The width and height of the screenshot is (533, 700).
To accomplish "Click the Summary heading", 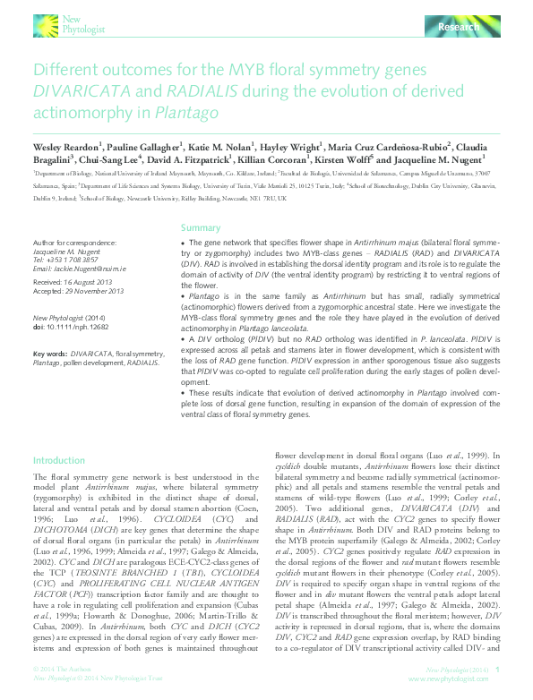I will click(x=200, y=228).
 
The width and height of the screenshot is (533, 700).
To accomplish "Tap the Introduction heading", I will click(x=59, y=460).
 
